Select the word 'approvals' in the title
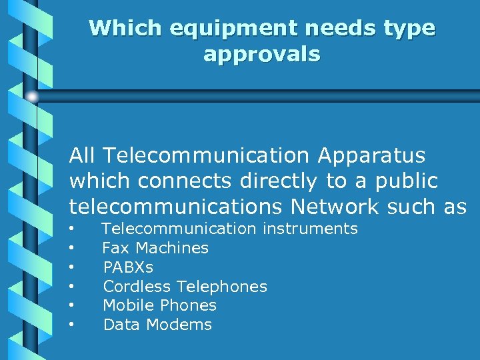(262, 54)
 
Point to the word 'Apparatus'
(371, 155)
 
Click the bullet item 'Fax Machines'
(155, 248)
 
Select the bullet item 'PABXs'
(128, 267)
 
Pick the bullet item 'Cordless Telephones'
(185, 287)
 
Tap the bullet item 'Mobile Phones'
(159, 305)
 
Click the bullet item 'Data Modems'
(157, 325)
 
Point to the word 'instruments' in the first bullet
(310, 229)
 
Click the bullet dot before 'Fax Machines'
(71, 249)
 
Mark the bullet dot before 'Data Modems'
(71, 325)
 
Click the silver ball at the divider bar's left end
(33, 97)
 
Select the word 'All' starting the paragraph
(82, 155)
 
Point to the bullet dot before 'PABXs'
(71, 268)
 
